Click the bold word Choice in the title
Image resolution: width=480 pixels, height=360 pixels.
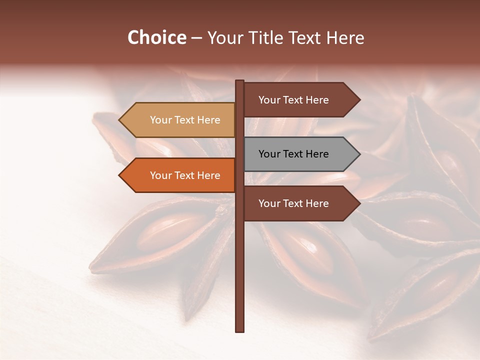tap(156, 38)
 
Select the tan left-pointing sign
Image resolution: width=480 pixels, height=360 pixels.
tap(185, 120)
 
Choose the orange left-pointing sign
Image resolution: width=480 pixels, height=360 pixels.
tap(185, 175)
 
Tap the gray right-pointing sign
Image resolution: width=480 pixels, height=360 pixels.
tap(293, 154)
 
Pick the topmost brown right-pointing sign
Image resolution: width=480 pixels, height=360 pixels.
tap(293, 100)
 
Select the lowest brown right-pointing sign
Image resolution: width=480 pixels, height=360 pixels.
tap(293, 203)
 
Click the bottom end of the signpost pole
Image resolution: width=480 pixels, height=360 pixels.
tap(240, 330)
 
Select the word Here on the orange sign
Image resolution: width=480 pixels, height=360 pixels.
tap(208, 175)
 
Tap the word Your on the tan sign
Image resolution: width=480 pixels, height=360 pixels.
tap(161, 120)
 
